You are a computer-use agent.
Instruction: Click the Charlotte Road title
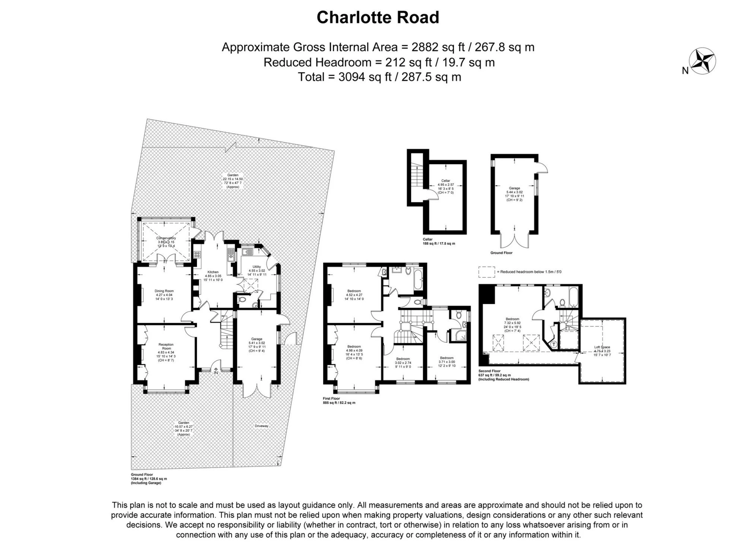378,18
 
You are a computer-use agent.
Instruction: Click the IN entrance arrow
216,371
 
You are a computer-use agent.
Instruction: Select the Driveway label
261,426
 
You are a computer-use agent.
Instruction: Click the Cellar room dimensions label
446,186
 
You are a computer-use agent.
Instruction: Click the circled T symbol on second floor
553,344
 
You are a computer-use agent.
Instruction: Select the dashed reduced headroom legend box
487,272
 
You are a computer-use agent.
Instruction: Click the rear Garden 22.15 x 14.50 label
233,181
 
